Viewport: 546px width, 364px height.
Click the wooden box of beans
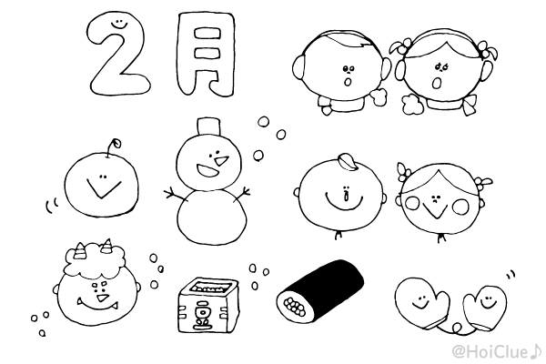(x=207, y=302)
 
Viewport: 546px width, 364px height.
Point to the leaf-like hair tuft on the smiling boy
(x=347, y=162)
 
